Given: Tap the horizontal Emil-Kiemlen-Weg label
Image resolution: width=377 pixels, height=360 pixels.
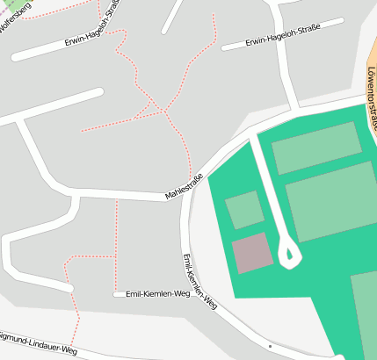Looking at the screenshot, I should click(158, 294).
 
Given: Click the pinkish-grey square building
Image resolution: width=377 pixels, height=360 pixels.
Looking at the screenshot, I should click(253, 253).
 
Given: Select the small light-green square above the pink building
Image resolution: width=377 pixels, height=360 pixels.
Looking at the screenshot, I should click(244, 210).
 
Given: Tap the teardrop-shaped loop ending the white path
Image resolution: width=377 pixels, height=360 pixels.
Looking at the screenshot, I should click(289, 255).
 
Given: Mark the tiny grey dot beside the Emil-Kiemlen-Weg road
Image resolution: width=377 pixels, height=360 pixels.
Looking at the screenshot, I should click(271, 347).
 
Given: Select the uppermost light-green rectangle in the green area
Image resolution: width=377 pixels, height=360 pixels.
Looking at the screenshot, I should click(316, 148).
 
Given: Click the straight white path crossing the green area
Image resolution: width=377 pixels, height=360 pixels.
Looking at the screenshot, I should click(267, 189).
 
